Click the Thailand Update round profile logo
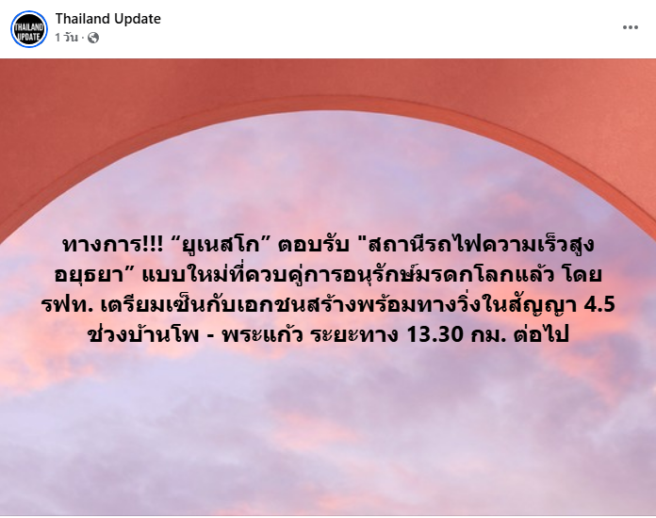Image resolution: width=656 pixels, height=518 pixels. click(x=29, y=29)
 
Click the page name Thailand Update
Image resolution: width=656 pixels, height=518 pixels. click(x=108, y=19)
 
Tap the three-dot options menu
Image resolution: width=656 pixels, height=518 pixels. click(x=630, y=27)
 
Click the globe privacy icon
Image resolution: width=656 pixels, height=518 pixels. click(x=93, y=38)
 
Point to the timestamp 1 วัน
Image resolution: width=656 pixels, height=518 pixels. click(x=67, y=38)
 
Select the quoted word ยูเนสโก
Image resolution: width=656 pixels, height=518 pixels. click(x=223, y=245)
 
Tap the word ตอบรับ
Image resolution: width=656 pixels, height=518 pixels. click(x=314, y=245)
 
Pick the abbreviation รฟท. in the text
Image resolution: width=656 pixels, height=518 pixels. click(x=67, y=305)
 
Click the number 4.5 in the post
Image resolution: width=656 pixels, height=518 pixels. click(x=599, y=305)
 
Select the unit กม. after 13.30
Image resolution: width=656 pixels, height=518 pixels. click(x=486, y=335)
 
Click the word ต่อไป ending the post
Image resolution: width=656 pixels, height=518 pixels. click(x=541, y=333)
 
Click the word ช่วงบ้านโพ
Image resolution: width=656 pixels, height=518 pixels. click(x=143, y=333)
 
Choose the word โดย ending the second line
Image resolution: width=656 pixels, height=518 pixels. click(x=583, y=275)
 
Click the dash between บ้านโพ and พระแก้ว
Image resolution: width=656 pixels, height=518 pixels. click(x=210, y=336)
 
